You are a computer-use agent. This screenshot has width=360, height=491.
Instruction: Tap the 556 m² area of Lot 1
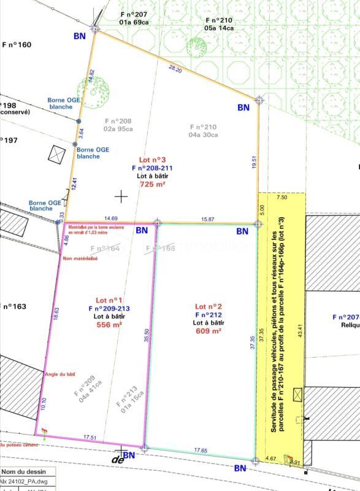(x=107, y=325)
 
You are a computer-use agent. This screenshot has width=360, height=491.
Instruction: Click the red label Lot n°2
(x=209, y=306)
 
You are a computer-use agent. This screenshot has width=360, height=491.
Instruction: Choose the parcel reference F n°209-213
(x=109, y=309)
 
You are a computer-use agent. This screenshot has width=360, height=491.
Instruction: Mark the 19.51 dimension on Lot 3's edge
(x=254, y=162)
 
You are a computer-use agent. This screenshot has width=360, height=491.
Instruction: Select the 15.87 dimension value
(x=207, y=219)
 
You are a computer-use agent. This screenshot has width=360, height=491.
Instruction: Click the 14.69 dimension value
(x=111, y=218)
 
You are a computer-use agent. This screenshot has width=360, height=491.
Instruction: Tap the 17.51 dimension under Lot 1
(x=91, y=438)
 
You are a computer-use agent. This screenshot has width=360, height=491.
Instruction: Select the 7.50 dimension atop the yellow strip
(x=281, y=198)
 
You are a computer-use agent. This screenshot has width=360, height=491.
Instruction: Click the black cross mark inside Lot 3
(x=121, y=196)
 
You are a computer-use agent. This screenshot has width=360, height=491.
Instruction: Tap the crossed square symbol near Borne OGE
(x=56, y=153)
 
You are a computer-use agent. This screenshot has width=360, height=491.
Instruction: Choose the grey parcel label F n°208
(x=118, y=122)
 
